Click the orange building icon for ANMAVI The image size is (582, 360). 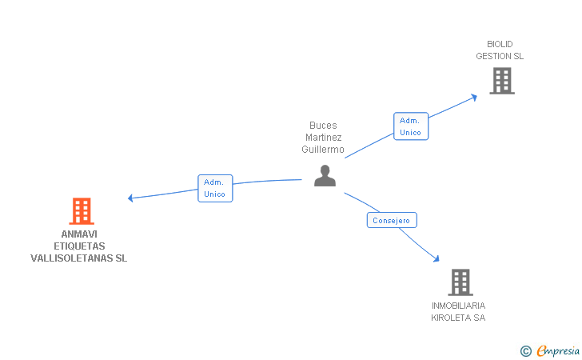coord(82,211)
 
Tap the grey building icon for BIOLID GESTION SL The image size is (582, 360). coord(501,81)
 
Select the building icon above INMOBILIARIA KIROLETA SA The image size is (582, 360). coord(460,282)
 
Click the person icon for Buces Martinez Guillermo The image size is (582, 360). coord(325,175)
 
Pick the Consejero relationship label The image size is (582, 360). coord(392,220)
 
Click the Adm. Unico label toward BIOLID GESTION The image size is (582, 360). coord(410,126)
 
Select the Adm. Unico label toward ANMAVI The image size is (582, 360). coord(215,188)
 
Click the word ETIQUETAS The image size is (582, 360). coord(78,246)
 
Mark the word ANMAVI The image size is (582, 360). coord(78,234)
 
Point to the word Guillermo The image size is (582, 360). coord(323,150)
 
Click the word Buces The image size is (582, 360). coord(323,126)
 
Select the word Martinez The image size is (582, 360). coord(323,138)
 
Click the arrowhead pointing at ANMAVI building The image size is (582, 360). coord(131,198)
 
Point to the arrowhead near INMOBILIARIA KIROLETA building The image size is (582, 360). coord(436,258)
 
